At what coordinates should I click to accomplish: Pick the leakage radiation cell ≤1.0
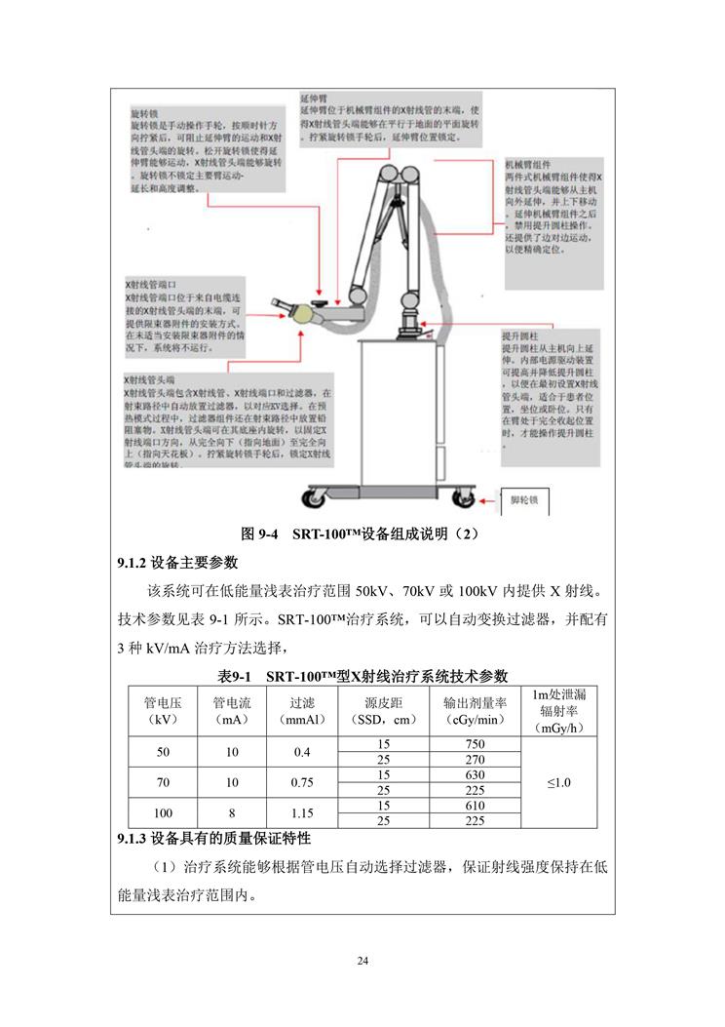pyautogui.click(x=558, y=782)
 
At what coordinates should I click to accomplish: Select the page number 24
pyautogui.click(x=362, y=962)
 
